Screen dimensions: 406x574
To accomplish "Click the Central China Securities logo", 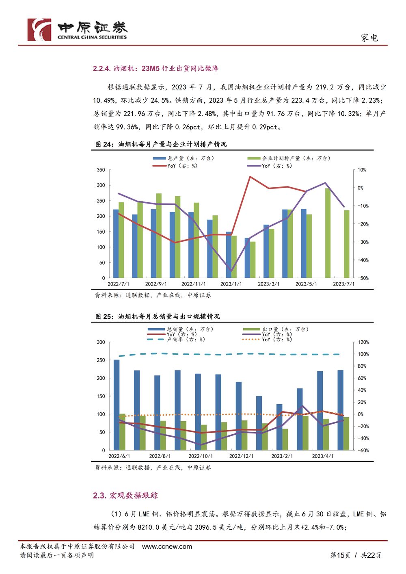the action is click(77, 30).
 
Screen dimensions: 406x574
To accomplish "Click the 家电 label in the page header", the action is click(369, 38).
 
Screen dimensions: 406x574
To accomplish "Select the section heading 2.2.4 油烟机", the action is click(156, 68).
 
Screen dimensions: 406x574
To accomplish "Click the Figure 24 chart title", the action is click(161, 144).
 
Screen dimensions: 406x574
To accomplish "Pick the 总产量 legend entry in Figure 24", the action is click(184, 158).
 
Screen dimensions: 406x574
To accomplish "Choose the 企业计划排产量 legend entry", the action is click(289, 158).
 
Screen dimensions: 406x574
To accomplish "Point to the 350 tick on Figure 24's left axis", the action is click(101, 170).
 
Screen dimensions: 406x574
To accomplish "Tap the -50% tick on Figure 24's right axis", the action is click(363, 278).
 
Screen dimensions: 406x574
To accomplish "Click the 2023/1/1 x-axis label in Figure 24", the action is click(231, 284).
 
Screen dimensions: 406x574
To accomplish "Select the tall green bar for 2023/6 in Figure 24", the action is click(328, 233).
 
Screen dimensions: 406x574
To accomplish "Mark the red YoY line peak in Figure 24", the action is click(250, 177).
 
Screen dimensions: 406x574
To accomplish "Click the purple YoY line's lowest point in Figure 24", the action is click(231, 271).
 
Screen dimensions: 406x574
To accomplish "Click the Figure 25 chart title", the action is click(158, 316).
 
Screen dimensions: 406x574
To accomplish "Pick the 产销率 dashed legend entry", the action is click(176, 340).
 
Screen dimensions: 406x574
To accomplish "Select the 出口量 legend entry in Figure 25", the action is click(276, 329).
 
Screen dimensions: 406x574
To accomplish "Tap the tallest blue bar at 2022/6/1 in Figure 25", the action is click(117, 405).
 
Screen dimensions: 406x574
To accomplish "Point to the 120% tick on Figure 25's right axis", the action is click(363, 342).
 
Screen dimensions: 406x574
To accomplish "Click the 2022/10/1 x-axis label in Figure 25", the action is click(201, 456).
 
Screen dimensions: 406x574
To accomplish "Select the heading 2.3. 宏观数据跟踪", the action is click(125, 495).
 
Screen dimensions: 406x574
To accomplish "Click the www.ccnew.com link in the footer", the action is click(167, 547).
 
